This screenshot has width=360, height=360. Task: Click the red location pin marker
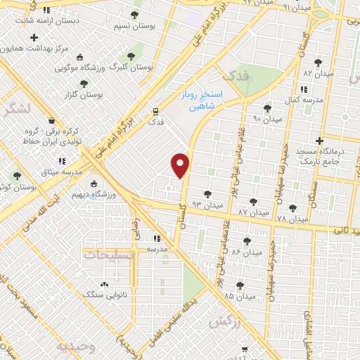[x=181, y=165]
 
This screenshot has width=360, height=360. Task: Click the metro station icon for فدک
[x=156, y=110]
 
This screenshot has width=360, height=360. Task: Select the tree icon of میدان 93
[x=207, y=194]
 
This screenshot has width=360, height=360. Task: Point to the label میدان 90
[x=266, y=119]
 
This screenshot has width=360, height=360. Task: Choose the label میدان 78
[x=292, y=219]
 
